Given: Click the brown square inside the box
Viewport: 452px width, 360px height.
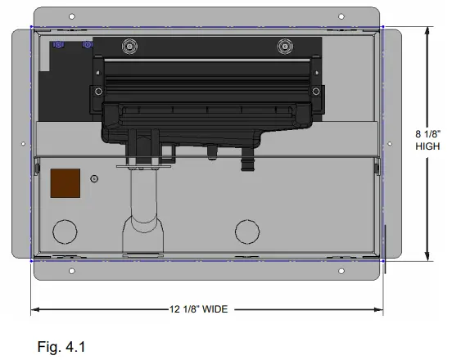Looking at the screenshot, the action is tap(66, 183).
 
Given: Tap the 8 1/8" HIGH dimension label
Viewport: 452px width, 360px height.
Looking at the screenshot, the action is tap(427, 140).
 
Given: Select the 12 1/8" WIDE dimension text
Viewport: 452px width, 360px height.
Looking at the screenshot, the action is tap(199, 309).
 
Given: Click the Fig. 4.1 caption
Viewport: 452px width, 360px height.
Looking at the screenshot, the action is tap(61, 346).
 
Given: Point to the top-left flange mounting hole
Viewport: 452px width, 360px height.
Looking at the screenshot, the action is tap(72, 16).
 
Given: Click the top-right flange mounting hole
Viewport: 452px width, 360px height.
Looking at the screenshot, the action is tap(341, 16).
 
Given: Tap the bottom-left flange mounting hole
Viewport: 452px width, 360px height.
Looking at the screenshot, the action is tap(72, 271).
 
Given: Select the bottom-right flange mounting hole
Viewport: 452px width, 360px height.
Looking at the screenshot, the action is tap(341, 271).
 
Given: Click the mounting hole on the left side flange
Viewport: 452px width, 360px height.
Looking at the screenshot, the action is tap(24, 143).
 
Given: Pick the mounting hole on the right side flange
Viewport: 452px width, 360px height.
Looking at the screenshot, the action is tap(390, 143).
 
